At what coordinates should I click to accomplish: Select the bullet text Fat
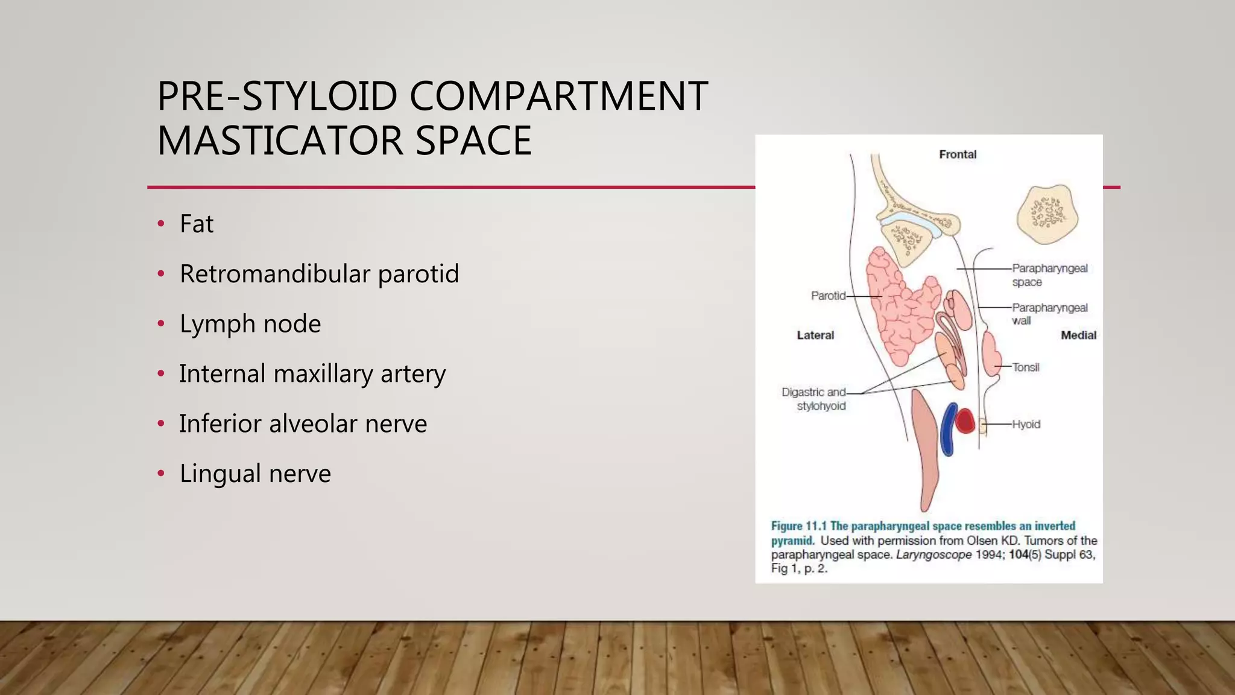(197, 224)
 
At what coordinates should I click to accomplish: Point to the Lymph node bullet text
(250, 324)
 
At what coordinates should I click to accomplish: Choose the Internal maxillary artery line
(312, 374)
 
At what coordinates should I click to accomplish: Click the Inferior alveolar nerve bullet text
(303, 424)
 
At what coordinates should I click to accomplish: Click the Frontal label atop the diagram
(958, 154)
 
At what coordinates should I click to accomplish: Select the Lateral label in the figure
(815, 335)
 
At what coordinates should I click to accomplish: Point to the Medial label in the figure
(1078, 335)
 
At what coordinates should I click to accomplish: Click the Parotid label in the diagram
(828, 296)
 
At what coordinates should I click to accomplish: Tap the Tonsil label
(1026, 367)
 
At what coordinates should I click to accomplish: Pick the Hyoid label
(1026, 425)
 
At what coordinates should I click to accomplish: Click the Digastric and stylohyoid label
(814, 399)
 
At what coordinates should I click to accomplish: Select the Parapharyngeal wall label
(1049, 314)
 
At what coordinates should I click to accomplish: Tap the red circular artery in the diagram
(965, 421)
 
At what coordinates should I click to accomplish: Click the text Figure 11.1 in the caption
(799, 526)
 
